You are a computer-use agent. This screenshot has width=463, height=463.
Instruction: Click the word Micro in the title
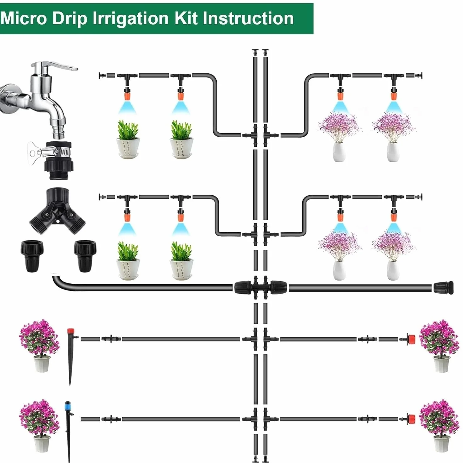tap(24, 19)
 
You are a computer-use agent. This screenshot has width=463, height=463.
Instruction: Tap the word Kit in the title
tap(187, 19)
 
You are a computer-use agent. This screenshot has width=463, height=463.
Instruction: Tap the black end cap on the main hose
tap(443, 288)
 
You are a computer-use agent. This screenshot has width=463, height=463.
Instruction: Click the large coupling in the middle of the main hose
tap(260, 287)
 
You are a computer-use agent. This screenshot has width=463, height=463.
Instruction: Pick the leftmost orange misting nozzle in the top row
tap(127, 94)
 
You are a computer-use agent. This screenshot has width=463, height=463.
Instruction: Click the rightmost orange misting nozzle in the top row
tap(394, 94)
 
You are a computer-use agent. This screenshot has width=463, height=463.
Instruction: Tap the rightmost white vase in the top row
tap(393, 151)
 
